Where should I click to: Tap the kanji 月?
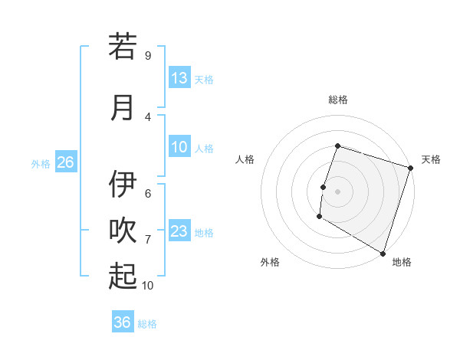coord(123,107)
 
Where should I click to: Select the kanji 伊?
coord(123,185)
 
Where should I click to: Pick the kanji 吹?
coord(123,231)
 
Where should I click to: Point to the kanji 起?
coord(123,277)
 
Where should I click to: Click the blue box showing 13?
coord(179,78)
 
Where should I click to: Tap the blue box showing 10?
coord(179,147)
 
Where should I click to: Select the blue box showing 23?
coord(179,231)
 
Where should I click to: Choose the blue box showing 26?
coord(65,162)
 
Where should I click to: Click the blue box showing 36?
coord(123,322)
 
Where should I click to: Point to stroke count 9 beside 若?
coord(148,56)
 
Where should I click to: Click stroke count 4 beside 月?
coord(148,117)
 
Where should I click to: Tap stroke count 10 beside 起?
coord(148,286)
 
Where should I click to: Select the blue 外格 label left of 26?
coord(41,163)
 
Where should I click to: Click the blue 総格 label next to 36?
coord(147,323)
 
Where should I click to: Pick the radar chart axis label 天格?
coord(431,159)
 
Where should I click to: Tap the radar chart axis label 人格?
coord(245,159)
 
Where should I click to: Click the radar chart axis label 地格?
coord(402,262)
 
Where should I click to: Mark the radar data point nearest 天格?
coord(410,169)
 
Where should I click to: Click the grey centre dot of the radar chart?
coord(337,191)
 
